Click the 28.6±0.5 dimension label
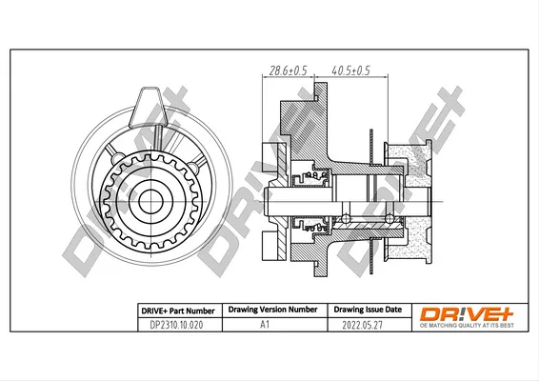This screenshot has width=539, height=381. (x=288, y=70)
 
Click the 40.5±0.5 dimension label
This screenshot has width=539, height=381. (x=351, y=70)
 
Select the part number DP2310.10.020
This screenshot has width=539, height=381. (x=176, y=325)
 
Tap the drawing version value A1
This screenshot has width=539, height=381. (x=265, y=324)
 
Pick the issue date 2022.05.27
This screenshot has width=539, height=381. (x=362, y=325)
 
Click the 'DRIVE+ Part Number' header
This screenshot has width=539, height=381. (x=178, y=311)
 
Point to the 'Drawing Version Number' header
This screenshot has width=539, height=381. (x=273, y=310)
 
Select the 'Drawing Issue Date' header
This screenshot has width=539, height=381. (x=368, y=310)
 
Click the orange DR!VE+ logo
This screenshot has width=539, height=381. (x=467, y=314)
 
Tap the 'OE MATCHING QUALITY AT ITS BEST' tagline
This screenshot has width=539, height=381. (x=467, y=326)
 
